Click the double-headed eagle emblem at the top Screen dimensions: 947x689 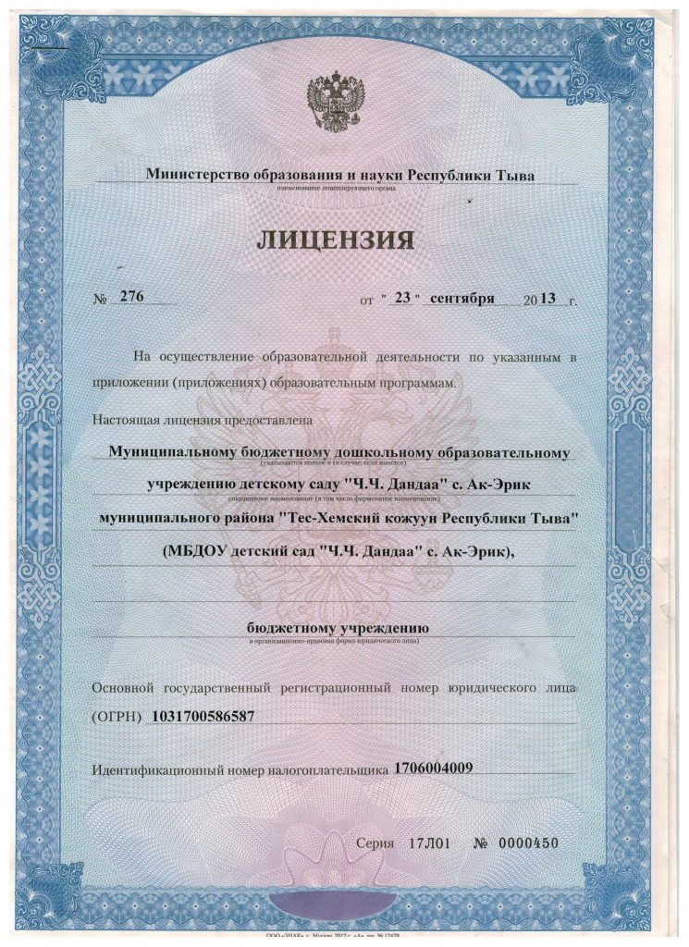point(337,104)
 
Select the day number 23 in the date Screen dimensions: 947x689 point(401,299)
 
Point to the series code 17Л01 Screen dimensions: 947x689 point(428,843)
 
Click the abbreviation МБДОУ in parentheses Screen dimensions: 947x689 point(203,551)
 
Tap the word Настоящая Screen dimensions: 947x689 point(125,420)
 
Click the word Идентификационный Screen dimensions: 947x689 point(166,769)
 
